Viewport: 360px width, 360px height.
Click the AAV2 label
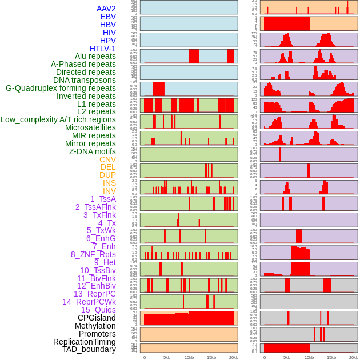click(106, 9)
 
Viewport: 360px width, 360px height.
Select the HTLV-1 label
click(102, 49)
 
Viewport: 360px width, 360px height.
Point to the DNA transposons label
click(85, 81)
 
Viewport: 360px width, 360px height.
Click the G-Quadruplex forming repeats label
click(61, 89)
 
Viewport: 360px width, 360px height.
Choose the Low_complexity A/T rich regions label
click(58, 119)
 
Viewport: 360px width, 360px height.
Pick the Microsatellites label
click(90, 127)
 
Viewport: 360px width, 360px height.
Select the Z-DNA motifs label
click(92, 151)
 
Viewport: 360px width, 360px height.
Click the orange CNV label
click(107, 159)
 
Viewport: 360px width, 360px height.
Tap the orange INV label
click(109, 191)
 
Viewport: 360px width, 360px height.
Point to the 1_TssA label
click(103, 199)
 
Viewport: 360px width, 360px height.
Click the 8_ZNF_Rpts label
click(93, 254)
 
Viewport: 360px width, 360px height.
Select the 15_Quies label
click(98, 310)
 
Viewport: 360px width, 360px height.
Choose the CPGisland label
click(97, 318)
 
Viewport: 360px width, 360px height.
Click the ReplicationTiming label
click(84, 342)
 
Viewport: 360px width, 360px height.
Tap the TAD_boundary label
click(89, 349)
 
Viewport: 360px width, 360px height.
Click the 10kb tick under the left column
click(189, 357)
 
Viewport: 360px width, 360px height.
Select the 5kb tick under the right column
click(286, 357)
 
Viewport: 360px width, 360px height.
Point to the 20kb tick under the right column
click(353, 357)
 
